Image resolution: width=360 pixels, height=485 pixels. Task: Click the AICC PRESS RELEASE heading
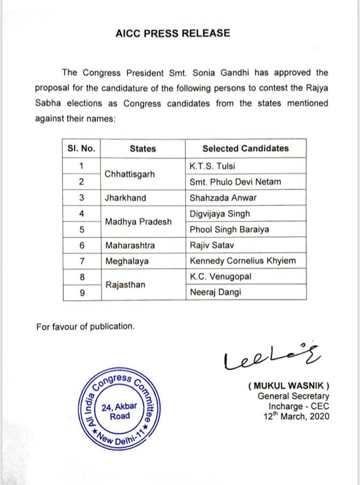tap(172, 33)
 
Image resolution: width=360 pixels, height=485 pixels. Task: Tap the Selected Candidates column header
tap(245, 148)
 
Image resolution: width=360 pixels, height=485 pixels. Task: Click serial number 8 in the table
tap(82, 277)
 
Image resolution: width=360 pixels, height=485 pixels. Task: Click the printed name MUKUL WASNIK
tap(288, 386)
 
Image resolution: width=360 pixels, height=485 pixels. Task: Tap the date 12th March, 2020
tap(296, 416)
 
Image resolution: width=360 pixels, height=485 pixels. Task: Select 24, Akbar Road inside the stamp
tap(120, 411)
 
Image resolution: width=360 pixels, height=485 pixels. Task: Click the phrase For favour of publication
tap(86, 326)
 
